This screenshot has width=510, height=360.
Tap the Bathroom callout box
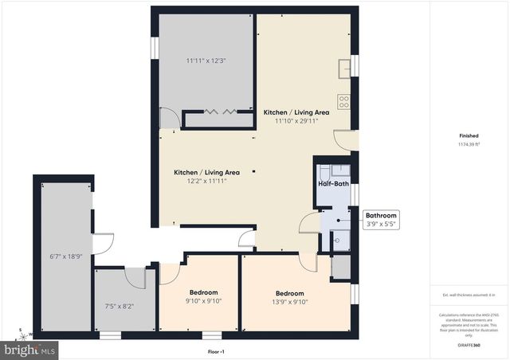pos(380,220)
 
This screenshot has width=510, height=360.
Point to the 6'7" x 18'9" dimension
pos(65,256)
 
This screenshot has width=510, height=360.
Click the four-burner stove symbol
pos(344,101)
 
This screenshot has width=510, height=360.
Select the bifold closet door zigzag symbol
pos(219,112)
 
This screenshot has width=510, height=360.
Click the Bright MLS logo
pos(30,350)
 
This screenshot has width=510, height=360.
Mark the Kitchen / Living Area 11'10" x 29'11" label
pos(296,117)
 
